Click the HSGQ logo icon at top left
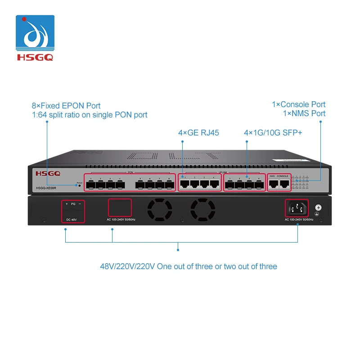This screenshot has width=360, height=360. tap(35, 34)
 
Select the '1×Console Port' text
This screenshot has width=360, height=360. tap(298, 104)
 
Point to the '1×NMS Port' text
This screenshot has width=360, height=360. tap(304, 113)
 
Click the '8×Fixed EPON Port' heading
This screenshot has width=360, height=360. tap(66, 106)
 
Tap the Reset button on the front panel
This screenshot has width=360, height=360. tap(80, 185)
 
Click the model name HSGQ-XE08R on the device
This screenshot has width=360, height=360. tap(48, 188)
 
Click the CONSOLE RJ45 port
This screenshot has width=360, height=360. tap(283, 183)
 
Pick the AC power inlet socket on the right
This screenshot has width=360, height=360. tap(297, 208)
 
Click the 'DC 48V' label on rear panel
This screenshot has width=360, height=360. tap(72, 220)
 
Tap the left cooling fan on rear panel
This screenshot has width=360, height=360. tap(160, 210)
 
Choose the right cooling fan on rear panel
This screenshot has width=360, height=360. tap(202, 210)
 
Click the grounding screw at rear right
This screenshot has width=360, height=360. tap(319, 208)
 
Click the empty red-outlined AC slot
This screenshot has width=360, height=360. tap(120, 208)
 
